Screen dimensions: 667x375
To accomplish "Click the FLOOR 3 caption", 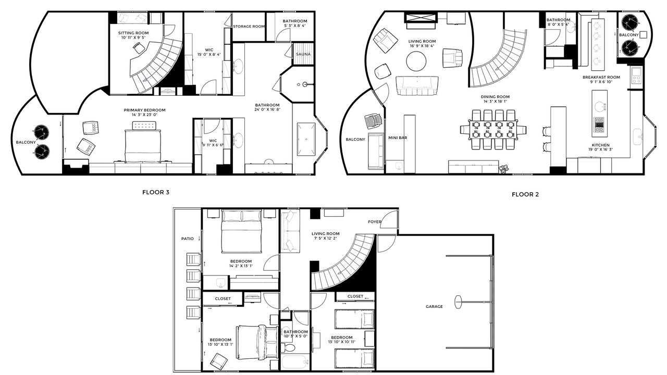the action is tap(156, 192).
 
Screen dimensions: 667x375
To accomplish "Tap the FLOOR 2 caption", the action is tap(525, 195).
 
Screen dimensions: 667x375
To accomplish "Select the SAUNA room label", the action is tap(303, 54).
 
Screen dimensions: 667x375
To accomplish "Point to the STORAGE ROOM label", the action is tap(249, 27).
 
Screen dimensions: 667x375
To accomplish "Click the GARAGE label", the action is tap(434, 306).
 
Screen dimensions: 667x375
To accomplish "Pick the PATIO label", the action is tap(187, 239).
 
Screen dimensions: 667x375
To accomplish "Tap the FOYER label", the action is tap(375, 222).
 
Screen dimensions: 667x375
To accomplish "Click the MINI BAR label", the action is tap(398, 138).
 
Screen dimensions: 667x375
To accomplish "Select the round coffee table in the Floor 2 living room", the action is tap(416, 61).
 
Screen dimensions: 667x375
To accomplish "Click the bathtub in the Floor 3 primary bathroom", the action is tap(306, 139).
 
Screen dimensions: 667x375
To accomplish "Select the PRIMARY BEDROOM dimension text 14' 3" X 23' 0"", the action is tap(144, 115).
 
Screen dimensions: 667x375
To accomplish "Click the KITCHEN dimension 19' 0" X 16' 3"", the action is tap(600, 149).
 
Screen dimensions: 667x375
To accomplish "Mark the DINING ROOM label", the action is tap(495, 97).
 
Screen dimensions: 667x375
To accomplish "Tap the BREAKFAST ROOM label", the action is tap(601, 78).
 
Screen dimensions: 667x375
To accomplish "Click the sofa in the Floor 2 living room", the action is tap(417, 86).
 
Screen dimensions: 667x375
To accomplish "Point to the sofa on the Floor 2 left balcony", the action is tap(376, 151).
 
